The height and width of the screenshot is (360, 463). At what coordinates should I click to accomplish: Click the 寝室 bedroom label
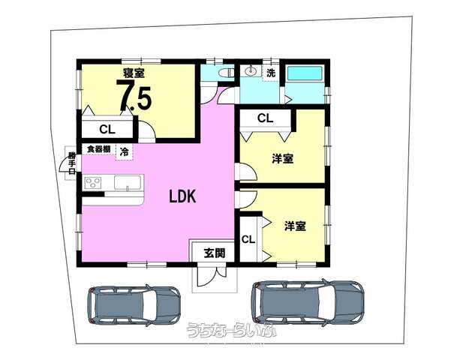tap(134, 73)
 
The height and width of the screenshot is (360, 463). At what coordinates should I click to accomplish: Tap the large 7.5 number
tap(134, 97)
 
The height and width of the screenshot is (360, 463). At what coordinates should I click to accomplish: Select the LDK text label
tap(182, 196)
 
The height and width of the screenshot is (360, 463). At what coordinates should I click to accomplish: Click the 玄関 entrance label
tap(215, 253)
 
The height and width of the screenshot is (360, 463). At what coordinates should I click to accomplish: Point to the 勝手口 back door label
tap(72, 163)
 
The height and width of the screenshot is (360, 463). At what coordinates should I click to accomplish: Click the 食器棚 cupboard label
tap(98, 149)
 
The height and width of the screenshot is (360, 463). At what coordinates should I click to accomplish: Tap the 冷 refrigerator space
tap(125, 152)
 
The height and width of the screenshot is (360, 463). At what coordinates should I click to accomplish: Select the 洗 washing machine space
tap(271, 73)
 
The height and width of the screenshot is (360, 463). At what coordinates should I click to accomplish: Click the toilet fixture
tap(226, 73)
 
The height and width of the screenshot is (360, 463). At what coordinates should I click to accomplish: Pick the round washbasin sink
tap(251, 70)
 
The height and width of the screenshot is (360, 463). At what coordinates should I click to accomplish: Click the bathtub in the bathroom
tap(305, 73)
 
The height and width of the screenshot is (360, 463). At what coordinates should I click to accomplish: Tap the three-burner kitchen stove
tap(93, 183)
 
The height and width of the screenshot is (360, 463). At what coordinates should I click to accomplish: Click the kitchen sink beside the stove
tap(128, 183)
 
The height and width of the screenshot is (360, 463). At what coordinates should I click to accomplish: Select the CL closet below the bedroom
tap(107, 129)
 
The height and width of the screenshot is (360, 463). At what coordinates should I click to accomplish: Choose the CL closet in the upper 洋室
tap(265, 118)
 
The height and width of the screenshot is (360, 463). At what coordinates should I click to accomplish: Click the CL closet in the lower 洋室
tap(248, 239)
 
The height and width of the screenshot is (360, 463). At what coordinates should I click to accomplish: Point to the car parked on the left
tap(134, 306)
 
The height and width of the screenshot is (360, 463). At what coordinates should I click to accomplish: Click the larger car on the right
tap(308, 303)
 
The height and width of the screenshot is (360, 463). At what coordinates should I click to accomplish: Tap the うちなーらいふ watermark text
tap(231, 330)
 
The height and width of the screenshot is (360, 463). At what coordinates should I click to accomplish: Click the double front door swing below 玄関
tap(212, 277)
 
